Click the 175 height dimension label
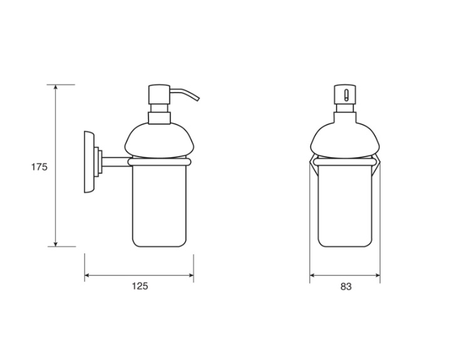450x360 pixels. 39,167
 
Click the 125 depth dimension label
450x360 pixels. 140,286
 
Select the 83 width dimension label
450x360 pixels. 346,286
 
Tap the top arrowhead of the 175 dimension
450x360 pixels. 56,87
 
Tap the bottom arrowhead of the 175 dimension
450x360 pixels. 56,244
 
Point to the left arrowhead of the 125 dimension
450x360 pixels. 87,275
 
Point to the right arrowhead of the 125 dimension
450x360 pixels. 191,275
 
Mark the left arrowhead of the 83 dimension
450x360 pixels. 313,275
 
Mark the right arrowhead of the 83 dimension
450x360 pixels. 377,275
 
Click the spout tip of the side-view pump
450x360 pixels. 197,99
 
